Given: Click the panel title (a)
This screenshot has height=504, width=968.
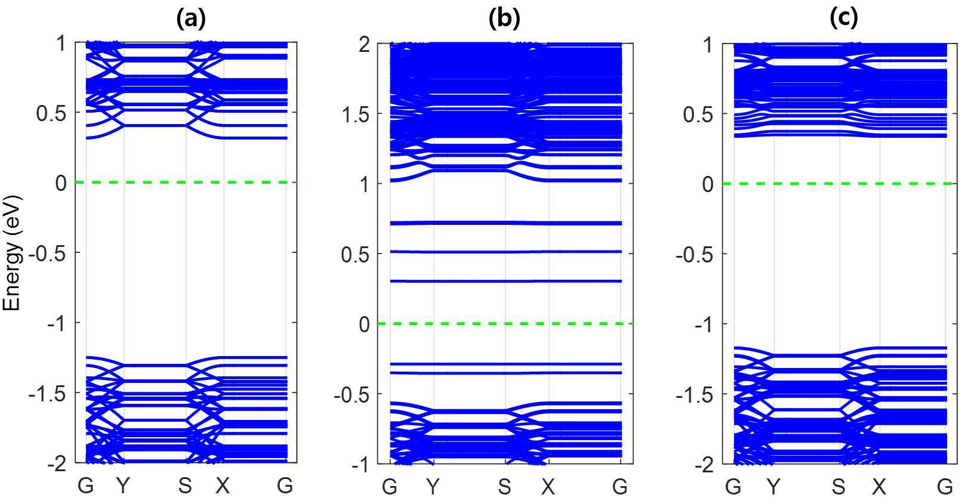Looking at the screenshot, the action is [x=191, y=18].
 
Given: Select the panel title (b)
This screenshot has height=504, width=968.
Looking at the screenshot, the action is [x=504, y=18].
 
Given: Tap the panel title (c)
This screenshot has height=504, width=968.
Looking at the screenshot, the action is [x=844, y=18].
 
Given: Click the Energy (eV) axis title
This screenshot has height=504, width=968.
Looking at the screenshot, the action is [x=12, y=253].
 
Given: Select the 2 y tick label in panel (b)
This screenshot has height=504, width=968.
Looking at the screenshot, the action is [x=364, y=44].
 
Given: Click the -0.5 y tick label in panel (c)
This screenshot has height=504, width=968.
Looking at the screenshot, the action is [x=695, y=254].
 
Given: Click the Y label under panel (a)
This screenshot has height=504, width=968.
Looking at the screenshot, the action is [x=123, y=486].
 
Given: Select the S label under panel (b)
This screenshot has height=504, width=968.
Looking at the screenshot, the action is [x=504, y=487].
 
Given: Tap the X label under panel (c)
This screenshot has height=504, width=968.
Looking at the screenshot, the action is [x=878, y=487].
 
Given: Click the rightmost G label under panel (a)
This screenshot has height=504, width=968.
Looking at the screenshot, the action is [x=285, y=486].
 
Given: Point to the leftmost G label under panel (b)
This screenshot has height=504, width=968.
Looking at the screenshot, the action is [x=390, y=487].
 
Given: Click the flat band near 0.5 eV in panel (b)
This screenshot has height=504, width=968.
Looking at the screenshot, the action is [x=505, y=252].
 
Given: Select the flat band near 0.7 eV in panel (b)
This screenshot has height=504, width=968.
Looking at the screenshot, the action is [x=505, y=223].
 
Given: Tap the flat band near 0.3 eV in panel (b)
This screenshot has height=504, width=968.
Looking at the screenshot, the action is [x=505, y=281].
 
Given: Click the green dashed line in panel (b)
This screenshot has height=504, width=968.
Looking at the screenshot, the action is [x=505, y=323].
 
